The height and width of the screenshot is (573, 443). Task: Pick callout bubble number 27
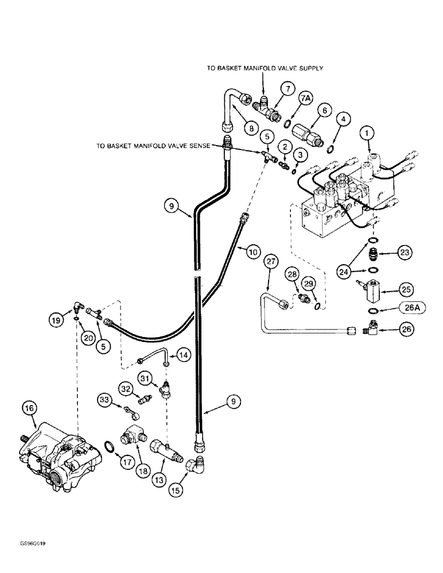click(271, 262)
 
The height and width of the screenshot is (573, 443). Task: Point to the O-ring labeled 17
click(110, 446)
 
